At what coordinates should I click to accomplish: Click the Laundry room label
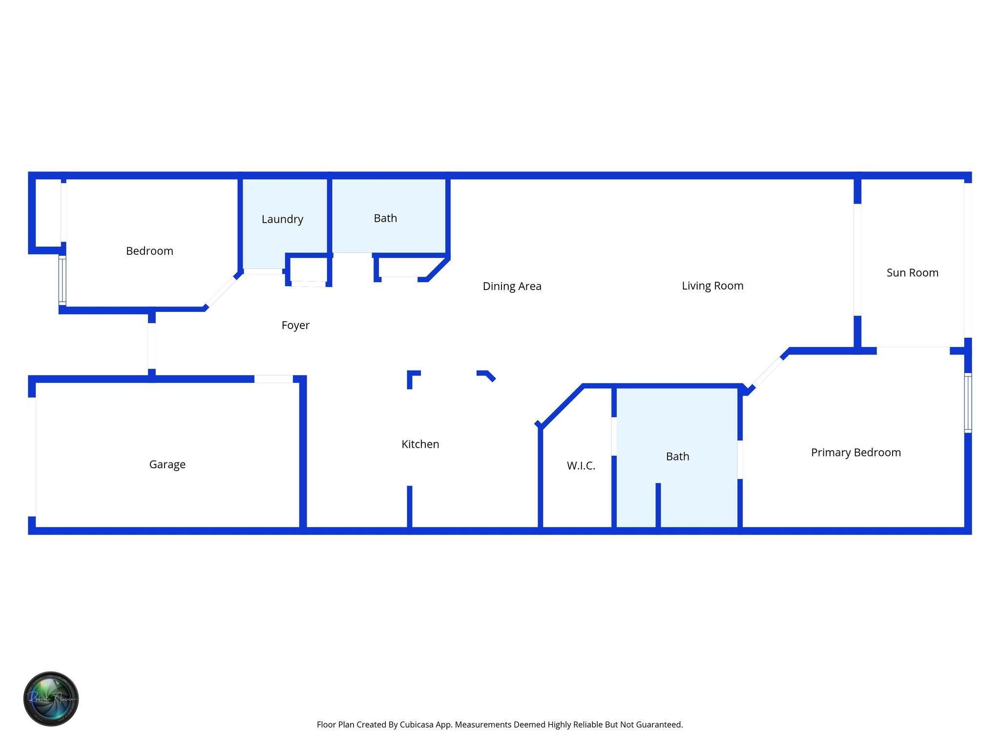[x=282, y=219]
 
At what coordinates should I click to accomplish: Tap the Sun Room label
[x=912, y=272]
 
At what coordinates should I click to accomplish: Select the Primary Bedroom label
[x=855, y=452]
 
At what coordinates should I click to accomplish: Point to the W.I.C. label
[x=581, y=466]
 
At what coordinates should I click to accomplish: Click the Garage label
[x=167, y=464]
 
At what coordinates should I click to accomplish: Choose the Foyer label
[x=295, y=325]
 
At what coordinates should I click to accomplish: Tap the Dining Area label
[x=512, y=286]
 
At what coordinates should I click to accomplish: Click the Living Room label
[x=712, y=286]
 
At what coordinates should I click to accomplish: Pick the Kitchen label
[x=420, y=444]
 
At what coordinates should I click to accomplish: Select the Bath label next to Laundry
[x=385, y=218]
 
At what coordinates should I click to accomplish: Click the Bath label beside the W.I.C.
[x=677, y=457]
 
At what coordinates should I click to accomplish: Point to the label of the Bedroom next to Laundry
[x=149, y=251]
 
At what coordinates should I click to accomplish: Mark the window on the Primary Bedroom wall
[x=968, y=403]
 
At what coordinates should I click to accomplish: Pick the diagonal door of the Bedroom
[x=221, y=292]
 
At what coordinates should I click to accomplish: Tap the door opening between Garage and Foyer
[x=273, y=379]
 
